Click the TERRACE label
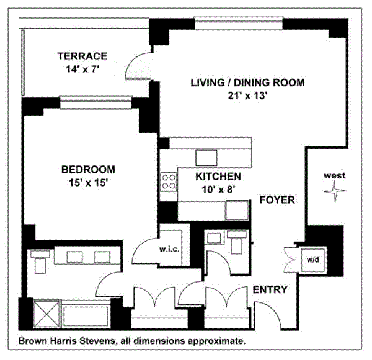pyautogui.click(x=82, y=56)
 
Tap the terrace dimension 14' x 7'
pyautogui.click(x=82, y=69)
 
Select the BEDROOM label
pyautogui.click(x=88, y=170)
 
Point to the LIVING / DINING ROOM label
pyautogui.click(x=247, y=82)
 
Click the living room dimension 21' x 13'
pyautogui.click(x=247, y=96)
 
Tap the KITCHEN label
pyautogui.click(x=218, y=177)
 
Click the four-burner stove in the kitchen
pyautogui.click(x=169, y=182)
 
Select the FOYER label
pyautogui.click(x=277, y=200)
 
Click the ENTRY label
pyautogui.click(x=270, y=289)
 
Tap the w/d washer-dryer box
pyautogui.click(x=313, y=260)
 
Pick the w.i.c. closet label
pyautogui.click(x=169, y=249)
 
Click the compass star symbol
pyautogui.click(x=335, y=191)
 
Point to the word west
pyautogui.click(x=335, y=176)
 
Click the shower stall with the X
pyautogui.click(x=46, y=314)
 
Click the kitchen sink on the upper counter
pyautogui.click(x=206, y=158)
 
